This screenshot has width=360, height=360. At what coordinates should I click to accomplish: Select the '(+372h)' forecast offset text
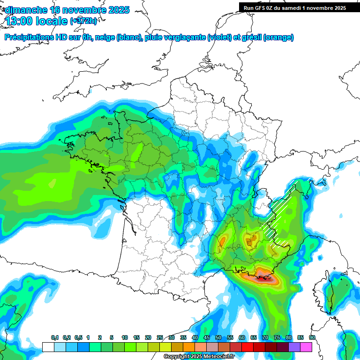(x=83, y=21)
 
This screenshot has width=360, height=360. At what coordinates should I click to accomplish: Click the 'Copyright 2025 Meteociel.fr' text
(x=199, y=357)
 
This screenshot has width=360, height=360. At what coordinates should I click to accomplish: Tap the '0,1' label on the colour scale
(x=55, y=338)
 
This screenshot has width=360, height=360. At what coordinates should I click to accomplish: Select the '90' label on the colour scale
(x=312, y=338)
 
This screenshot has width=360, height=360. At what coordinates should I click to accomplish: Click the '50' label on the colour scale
(x=218, y=338)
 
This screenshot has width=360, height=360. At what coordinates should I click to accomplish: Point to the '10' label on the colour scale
(x=125, y=338)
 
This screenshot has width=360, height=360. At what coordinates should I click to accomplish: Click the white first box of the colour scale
(x=48, y=347)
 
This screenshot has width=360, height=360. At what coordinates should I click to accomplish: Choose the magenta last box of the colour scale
(x=306, y=347)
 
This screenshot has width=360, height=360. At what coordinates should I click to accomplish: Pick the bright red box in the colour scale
(x=247, y=347)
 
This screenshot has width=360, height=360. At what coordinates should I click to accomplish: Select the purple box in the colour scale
(x=294, y=347)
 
